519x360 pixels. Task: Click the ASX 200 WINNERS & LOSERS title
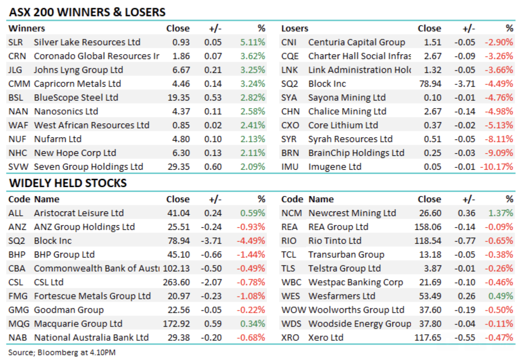[x=87, y=12]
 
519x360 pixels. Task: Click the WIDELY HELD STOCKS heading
[x=68, y=183]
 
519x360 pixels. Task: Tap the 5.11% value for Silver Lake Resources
[x=253, y=42]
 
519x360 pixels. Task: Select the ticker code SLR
[x=16, y=42]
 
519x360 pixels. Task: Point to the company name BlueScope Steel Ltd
[x=76, y=98]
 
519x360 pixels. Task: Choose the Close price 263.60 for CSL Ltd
[x=176, y=282]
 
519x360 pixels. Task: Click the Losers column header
[x=294, y=28]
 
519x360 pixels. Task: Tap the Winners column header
[x=27, y=28]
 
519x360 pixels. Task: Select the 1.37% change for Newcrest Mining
[x=500, y=213]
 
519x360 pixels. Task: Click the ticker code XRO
[x=290, y=338]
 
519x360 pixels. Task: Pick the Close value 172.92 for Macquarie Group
[x=176, y=324]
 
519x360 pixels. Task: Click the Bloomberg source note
[x=62, y=352]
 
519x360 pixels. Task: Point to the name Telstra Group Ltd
[x=344, y=269]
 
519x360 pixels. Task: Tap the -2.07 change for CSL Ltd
[x=211, y=282]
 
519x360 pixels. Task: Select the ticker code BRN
[x=290, y=153]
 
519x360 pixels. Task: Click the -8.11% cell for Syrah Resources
[x=499, y=139]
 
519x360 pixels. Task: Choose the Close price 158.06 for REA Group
[x=428, y=227]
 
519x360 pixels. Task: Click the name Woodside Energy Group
[x=360, y=324]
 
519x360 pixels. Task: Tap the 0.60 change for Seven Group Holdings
[x=213, y=167]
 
